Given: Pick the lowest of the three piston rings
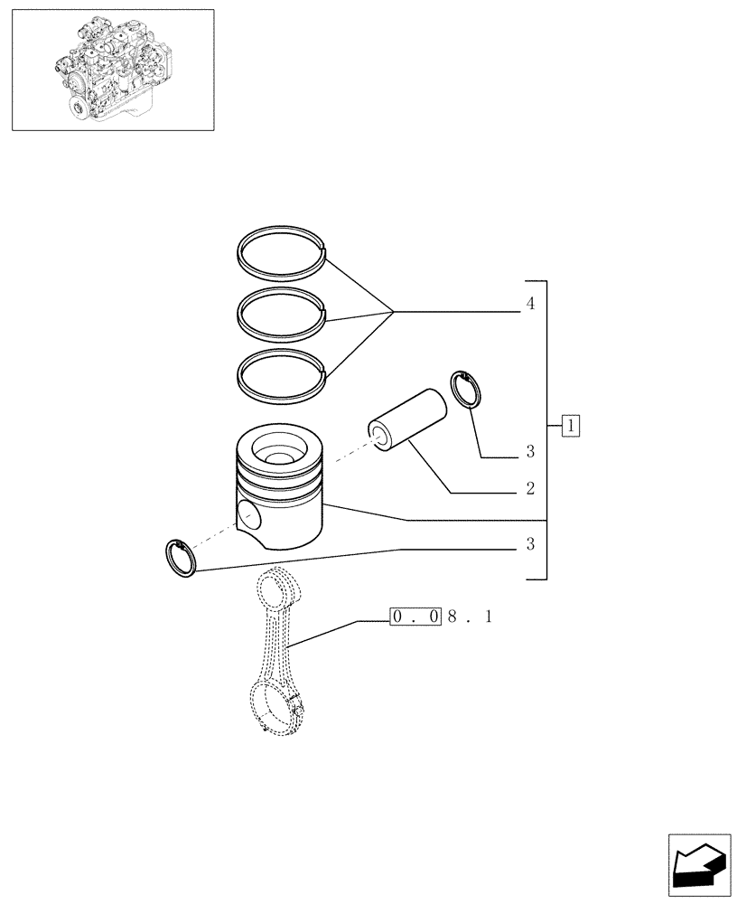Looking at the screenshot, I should [x=281, y=356].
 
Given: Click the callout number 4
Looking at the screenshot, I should [x=530, y=305].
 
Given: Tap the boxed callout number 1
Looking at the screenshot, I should [x=571, y=424].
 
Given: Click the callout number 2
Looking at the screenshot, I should [x=530, y=489].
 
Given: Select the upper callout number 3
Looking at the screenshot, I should [x=530, y=451].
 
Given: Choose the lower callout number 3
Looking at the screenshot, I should [x=530, y=544].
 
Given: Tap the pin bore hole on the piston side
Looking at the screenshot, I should [x=248, y=516].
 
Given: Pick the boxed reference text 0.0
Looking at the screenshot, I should [x=415, y=617].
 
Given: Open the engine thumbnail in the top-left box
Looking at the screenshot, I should [x=113, y=70].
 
